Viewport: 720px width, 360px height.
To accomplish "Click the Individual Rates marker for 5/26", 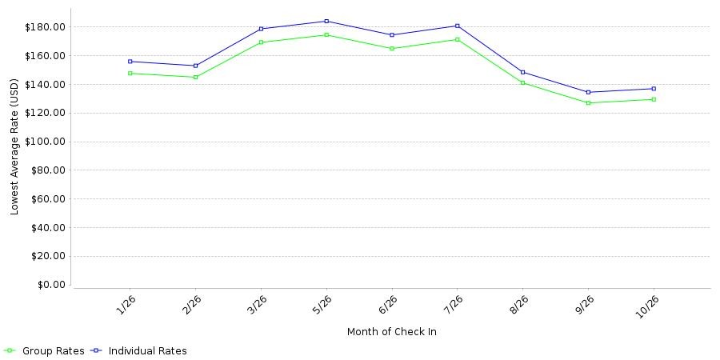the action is pos(326,21).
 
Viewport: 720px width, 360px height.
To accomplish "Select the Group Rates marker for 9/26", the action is pos(588,103).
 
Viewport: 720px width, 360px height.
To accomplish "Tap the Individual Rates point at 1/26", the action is pos(130,62).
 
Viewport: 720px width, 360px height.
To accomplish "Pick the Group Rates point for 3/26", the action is pos(261,42).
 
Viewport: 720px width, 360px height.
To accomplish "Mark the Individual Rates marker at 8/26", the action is pos(522,72).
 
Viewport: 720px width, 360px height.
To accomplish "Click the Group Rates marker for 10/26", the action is pos(654,99).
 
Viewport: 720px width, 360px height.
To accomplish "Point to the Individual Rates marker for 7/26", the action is pos(458,26).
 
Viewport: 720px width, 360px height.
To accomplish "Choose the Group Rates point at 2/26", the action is pos(196,77).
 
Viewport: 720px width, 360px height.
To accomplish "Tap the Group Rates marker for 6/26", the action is pos(392,48).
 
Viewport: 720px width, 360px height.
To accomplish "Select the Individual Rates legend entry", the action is pos(138,351).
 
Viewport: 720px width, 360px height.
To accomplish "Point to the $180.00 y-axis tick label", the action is pos(46,27).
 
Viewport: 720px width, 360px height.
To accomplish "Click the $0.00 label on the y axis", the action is pos(50,285).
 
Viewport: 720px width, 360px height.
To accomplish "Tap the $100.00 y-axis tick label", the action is pos(46,142).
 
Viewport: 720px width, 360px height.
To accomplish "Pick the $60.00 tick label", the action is pos(48,199).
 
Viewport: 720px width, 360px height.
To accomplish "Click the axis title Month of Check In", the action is pos(392,331).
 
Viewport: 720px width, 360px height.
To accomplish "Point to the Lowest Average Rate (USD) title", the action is pos(14,147).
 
